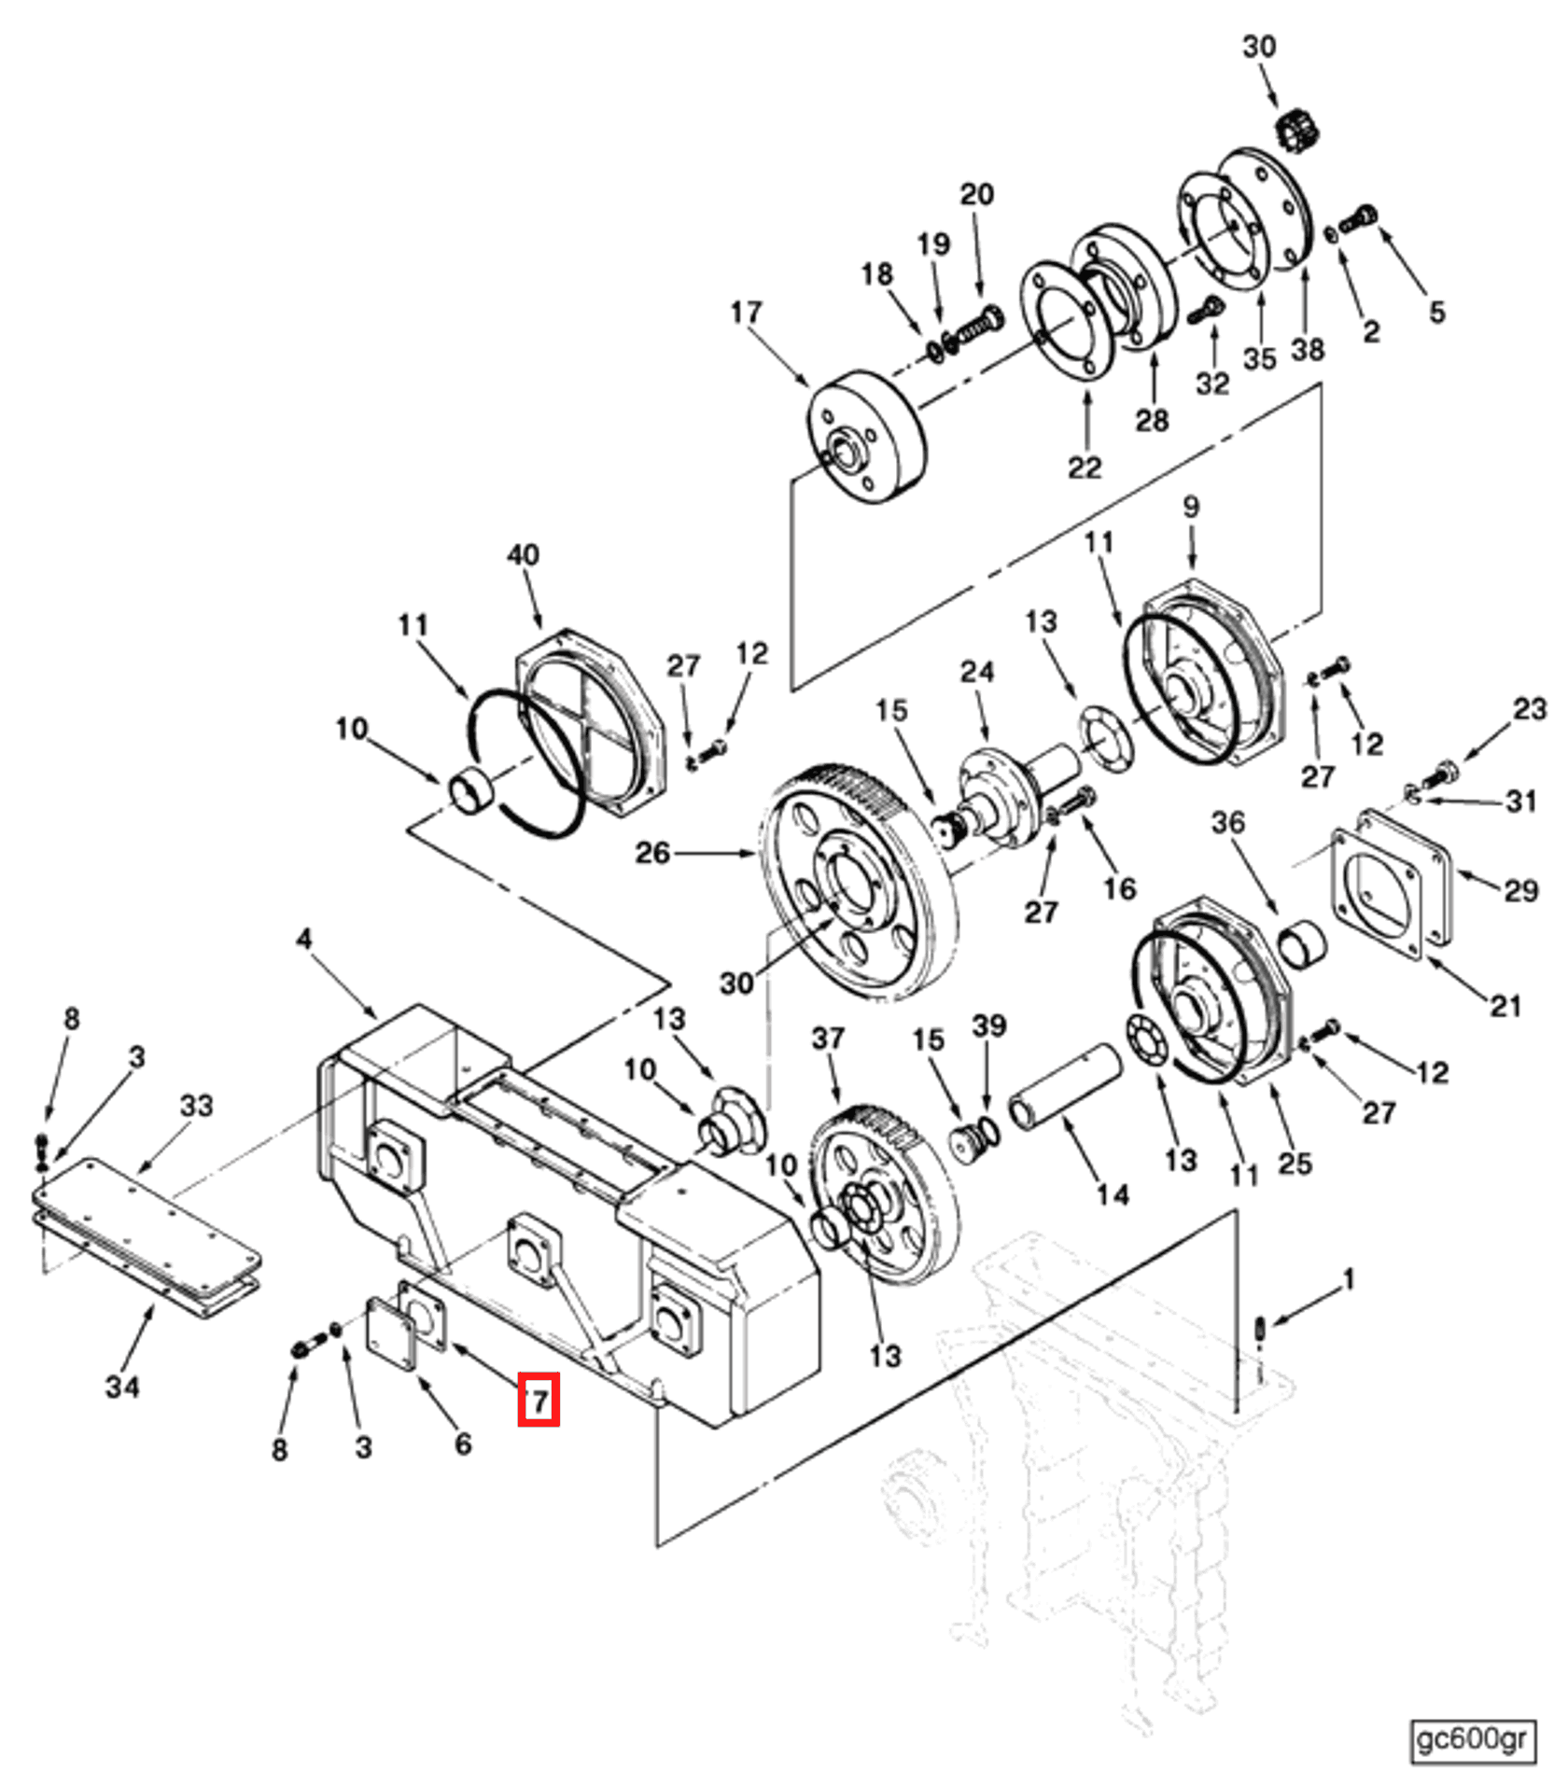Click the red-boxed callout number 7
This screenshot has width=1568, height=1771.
pyautogui.click(x=539, y=1399)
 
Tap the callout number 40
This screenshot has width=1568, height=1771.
pyautogui.click(x=523, y=554)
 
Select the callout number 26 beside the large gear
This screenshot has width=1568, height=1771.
pyautogui.click(x=652, y=853)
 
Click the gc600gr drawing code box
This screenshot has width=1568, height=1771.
pyautogui.click(x=1471, y=1738)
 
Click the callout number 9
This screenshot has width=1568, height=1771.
pyautogui.click(x=1191, y=507)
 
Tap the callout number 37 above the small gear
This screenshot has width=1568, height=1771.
pyautogui.click(x=828, y=1038)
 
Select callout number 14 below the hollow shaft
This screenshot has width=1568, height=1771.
pyautogui.click(x=1113, y=1194)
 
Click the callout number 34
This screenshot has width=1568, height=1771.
pyautogui.click(x=122, y=1387)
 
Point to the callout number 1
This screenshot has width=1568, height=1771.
pyautogui.click(x=1348, y=1280)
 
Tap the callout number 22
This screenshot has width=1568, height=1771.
pyautogui.click(x=1085, y=467)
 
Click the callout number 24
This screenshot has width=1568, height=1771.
pyautogui.click(x=977, y=671)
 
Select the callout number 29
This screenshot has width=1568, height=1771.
pyautogui.click(x=1520, y=890)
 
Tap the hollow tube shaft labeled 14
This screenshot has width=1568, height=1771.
pyautogui.click(x=1064, y=1088)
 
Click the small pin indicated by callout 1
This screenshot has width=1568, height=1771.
pyautogui.click(x=1259, y=1326)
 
